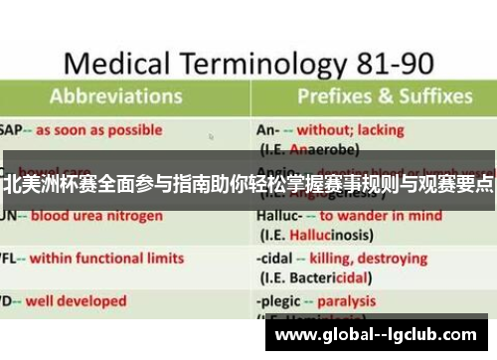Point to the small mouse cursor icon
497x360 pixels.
point(210,137)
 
